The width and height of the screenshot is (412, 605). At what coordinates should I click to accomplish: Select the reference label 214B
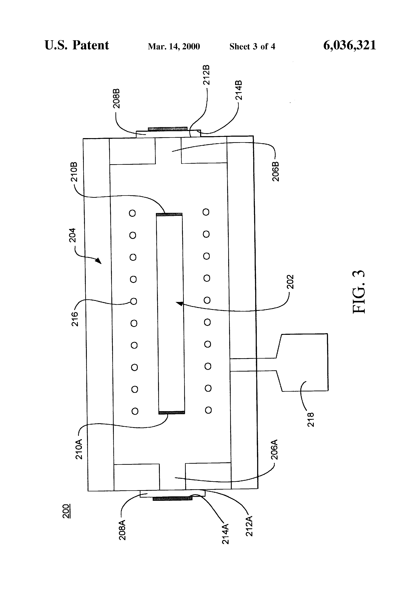point(238,90)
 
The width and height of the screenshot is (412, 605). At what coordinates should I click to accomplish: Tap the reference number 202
point(290,282)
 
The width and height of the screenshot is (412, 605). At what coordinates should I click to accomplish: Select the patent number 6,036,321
point(349,45)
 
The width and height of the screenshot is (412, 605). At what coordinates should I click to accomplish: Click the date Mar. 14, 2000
point(174,47)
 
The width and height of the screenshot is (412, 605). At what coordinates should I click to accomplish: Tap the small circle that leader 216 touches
point(134,301)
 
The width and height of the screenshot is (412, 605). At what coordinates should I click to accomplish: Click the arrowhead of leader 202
point(178,303)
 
